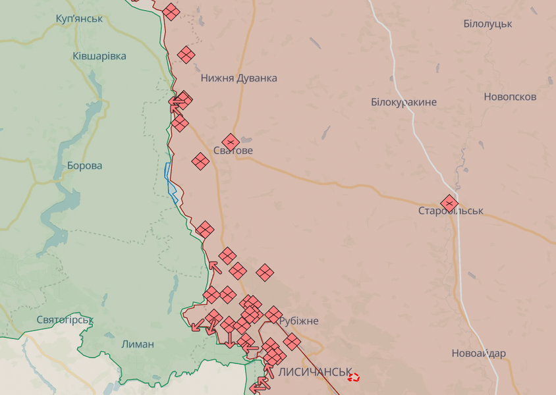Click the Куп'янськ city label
click(79, 18)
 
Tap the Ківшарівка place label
click(99, 56)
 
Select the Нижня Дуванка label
click(238, 78)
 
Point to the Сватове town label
click(233, 151)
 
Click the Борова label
click(84, 165)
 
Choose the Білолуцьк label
click(487, 24)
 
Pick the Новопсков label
click(510, 96)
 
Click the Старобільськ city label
click(451, 211)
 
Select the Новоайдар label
click(478, 354)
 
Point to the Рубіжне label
click(298, 321)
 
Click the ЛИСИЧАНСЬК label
click(315, 372)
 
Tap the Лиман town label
click(138, 344)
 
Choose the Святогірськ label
click(65, 320)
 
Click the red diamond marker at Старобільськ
click(449, 203)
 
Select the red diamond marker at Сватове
click(230, 141)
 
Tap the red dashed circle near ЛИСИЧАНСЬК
click(354, 377)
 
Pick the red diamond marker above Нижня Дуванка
click(186, 55)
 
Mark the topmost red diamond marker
click(171, 11)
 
